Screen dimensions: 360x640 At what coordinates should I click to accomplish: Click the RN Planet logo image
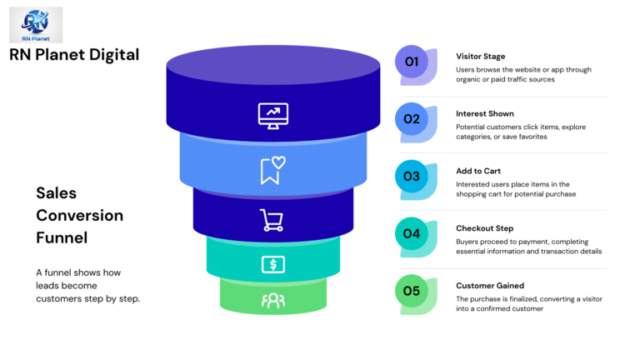[x=36, y=24]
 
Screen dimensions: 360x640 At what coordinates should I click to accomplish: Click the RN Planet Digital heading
[x=74, y=55]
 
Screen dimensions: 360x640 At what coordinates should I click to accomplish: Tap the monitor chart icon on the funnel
[x=272, y=115]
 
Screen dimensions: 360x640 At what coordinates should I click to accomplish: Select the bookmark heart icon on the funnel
[x=272, y=170]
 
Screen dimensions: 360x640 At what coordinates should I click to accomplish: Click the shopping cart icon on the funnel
[x=272, y=220]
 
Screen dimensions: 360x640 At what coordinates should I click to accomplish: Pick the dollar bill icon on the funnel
[x=272, y=265]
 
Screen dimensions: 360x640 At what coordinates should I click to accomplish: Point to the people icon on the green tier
[x=272, y=300]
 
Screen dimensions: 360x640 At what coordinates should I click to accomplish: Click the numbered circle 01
[x=412, y=62]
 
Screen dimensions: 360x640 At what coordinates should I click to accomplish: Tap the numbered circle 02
[x=412, y=119]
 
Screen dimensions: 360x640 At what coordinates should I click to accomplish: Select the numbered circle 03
[x=412, y=177]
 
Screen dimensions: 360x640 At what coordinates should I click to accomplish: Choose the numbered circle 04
[x=412, y=234]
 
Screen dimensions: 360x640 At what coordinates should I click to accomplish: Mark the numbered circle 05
[x=412, y=291]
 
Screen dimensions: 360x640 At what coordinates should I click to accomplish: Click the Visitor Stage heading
[x=480, y=57]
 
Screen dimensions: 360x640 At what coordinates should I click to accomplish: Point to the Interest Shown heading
[x=484, y=113]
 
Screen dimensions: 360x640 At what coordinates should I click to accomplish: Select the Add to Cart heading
[x=477, y=171]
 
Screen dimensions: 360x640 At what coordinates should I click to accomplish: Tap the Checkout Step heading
[x=484, y=228]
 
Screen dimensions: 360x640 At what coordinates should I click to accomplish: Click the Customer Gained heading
[x=489, y=286]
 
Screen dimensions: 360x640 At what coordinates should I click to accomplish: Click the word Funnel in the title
[x=61, y=238]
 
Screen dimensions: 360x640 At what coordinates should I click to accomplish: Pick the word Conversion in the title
[x=79, y=216]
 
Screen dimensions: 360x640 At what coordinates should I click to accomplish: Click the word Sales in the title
[x=56, y=193]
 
